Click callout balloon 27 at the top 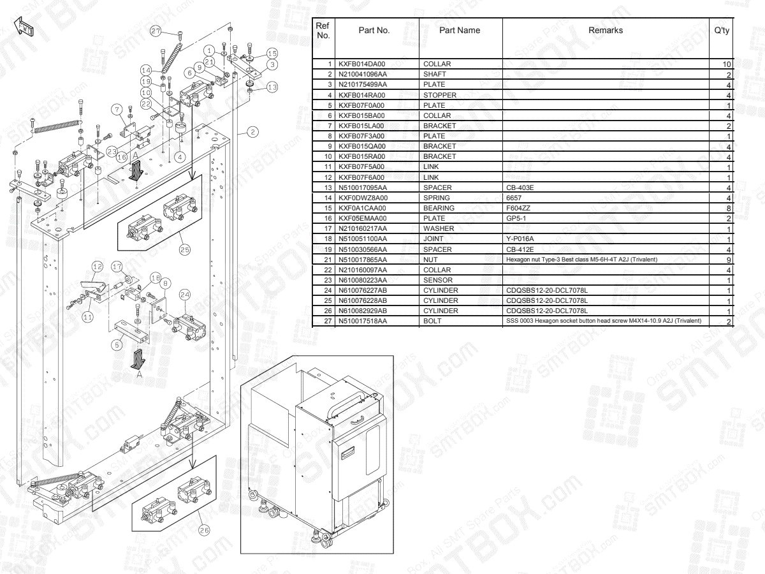[156, 31]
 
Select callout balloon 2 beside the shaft [253, 132]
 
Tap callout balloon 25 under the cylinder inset [184, 250]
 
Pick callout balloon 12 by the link [97, 265]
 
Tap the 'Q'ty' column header [722, 31]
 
